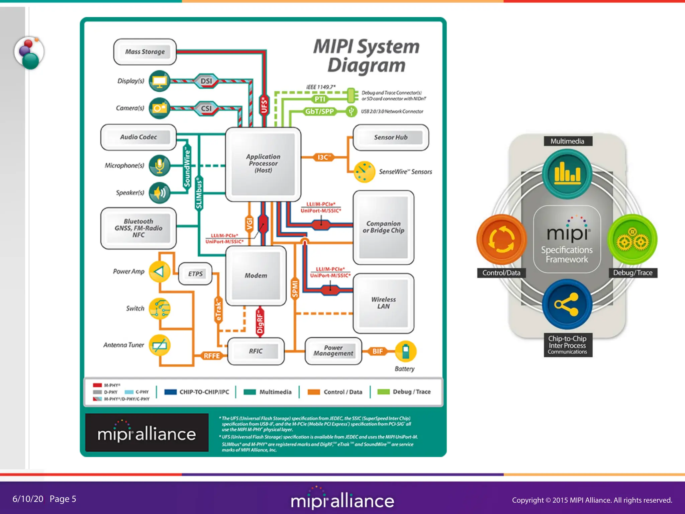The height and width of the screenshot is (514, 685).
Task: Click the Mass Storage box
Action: [x=145, y=52]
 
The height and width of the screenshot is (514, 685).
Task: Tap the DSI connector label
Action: [x=206, y=81]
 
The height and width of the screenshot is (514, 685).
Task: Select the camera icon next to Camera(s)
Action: [x=160, y=108]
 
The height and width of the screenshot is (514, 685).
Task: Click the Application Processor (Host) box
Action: [x=263, y=164]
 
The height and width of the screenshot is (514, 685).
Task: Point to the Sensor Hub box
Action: [x=391, y=138]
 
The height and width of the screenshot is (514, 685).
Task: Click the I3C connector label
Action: [x=323, y=157]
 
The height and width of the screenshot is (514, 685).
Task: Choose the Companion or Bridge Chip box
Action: [x=383, y=227]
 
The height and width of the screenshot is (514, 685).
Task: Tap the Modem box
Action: [x=256, y=275]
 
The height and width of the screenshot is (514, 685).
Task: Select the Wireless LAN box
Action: [x=383, y=303]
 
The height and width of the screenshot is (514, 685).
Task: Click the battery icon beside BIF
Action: [x=405, y=351]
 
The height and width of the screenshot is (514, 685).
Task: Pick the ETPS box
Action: [x=195, y=274]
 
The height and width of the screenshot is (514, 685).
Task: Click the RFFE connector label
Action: [x=212, y=356]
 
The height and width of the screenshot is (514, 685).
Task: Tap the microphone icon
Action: [x=160, y=165]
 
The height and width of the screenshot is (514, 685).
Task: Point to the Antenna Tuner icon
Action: [x=160, y=345]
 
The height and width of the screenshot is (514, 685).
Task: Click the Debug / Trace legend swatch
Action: [x=383, y=392]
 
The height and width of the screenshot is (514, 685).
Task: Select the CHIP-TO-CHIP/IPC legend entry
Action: [x=197, y=392]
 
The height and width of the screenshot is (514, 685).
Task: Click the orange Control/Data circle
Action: [x=501, y=239]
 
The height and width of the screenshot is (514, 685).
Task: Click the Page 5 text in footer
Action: [x=63, y=499]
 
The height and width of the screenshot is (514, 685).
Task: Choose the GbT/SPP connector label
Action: [x=319, y=111]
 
